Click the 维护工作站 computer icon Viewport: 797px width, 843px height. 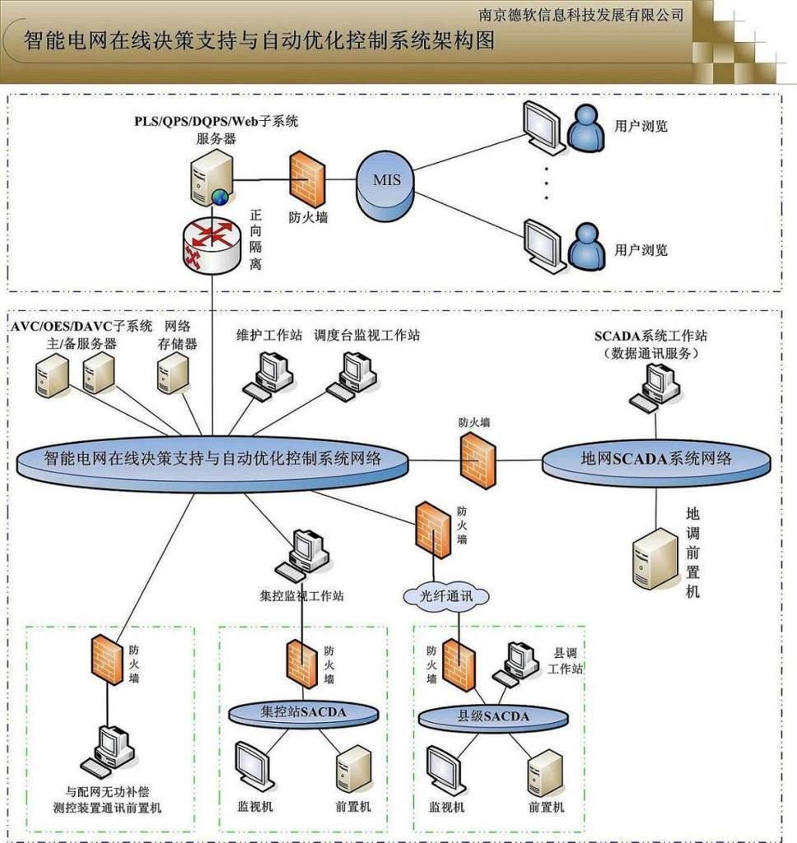pos(269,375)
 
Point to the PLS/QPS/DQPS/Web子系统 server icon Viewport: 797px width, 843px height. pos(211,177)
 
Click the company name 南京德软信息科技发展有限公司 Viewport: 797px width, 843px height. pos(581,14)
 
